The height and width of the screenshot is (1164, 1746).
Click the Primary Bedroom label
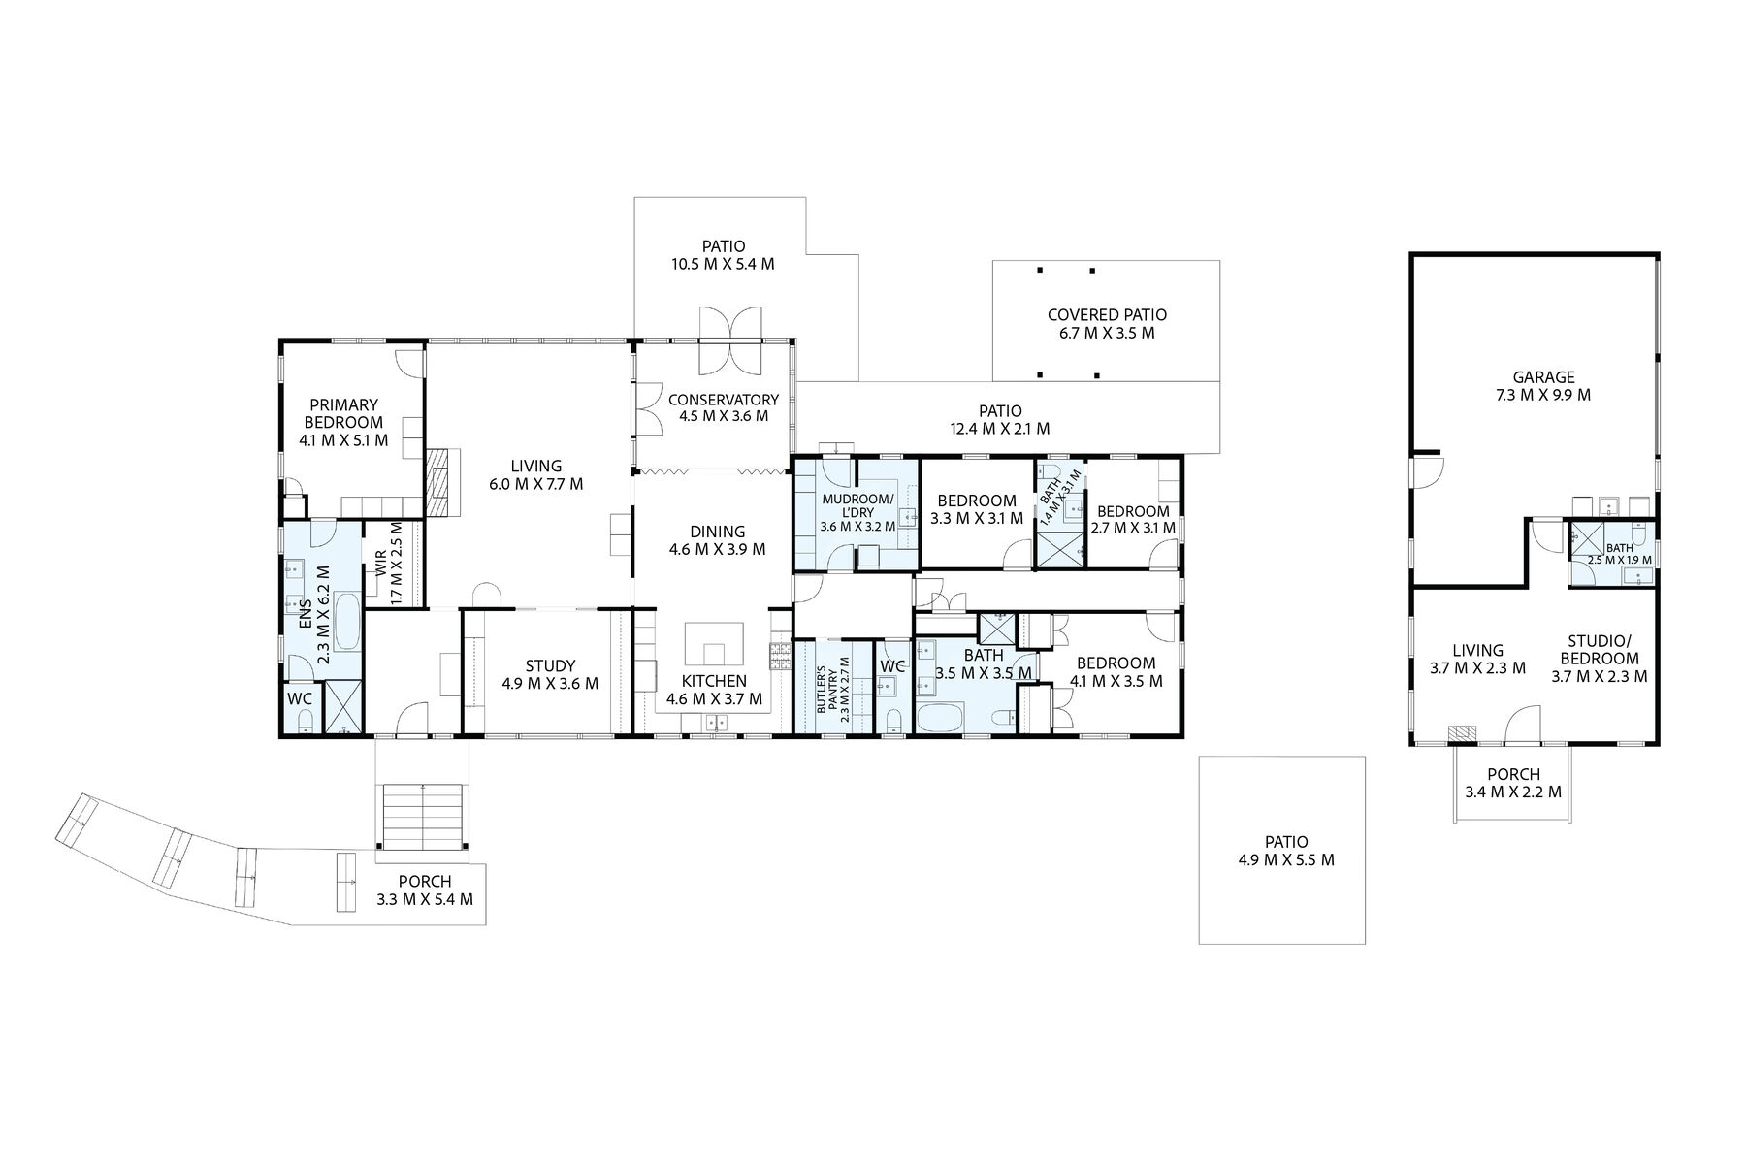click(343, 422)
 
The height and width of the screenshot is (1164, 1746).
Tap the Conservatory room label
click(724, 407)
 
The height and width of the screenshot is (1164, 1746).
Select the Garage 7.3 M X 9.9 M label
click(1544, 386)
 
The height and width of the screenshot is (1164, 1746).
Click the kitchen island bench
click(716, 642)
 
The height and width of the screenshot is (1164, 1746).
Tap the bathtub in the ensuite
click(347, 624)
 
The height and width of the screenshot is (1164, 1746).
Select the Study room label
click(550, 674)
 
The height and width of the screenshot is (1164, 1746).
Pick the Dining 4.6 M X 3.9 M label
click(718, 540)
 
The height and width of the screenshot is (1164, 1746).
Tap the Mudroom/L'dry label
click(857, 512)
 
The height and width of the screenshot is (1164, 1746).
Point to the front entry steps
click(424, 814)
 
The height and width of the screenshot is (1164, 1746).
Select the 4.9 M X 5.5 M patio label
click(1286, 851)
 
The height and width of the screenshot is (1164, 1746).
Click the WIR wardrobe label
click(388, 564)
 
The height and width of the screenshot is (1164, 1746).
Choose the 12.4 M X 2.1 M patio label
click(1000, 419)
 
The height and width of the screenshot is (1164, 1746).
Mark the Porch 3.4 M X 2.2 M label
click(1513, 783)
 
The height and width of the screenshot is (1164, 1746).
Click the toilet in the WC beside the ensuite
click(305, 719)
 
